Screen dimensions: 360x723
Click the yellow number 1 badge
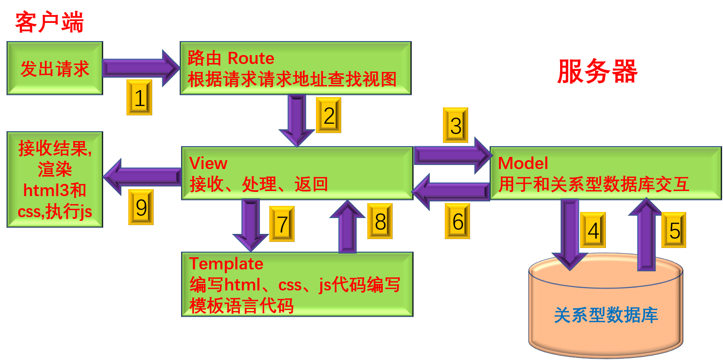point(139,97)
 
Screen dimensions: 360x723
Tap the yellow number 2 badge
point(328,115)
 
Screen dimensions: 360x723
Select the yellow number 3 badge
point(456,125)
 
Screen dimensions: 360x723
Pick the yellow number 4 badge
point(592,230)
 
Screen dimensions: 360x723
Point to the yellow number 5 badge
point(674,230)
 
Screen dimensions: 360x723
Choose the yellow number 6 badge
point(457,221)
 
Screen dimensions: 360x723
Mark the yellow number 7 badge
point(281,224)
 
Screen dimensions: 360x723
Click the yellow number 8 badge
point(379,221)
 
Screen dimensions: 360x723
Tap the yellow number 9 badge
point(140,207)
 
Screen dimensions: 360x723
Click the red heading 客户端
point(49,22)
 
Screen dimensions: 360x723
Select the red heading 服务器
point(597,72)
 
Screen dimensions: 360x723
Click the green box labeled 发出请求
point(55,68)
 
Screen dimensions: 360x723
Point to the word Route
point(251,58)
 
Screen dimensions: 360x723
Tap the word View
point(208,163)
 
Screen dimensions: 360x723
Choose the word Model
point(523,163)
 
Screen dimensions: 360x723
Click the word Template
point(226,264)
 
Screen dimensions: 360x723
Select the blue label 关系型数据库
point(606,315)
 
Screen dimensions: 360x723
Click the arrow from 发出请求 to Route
point(140,68)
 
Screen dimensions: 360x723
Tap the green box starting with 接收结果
point(55,179)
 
